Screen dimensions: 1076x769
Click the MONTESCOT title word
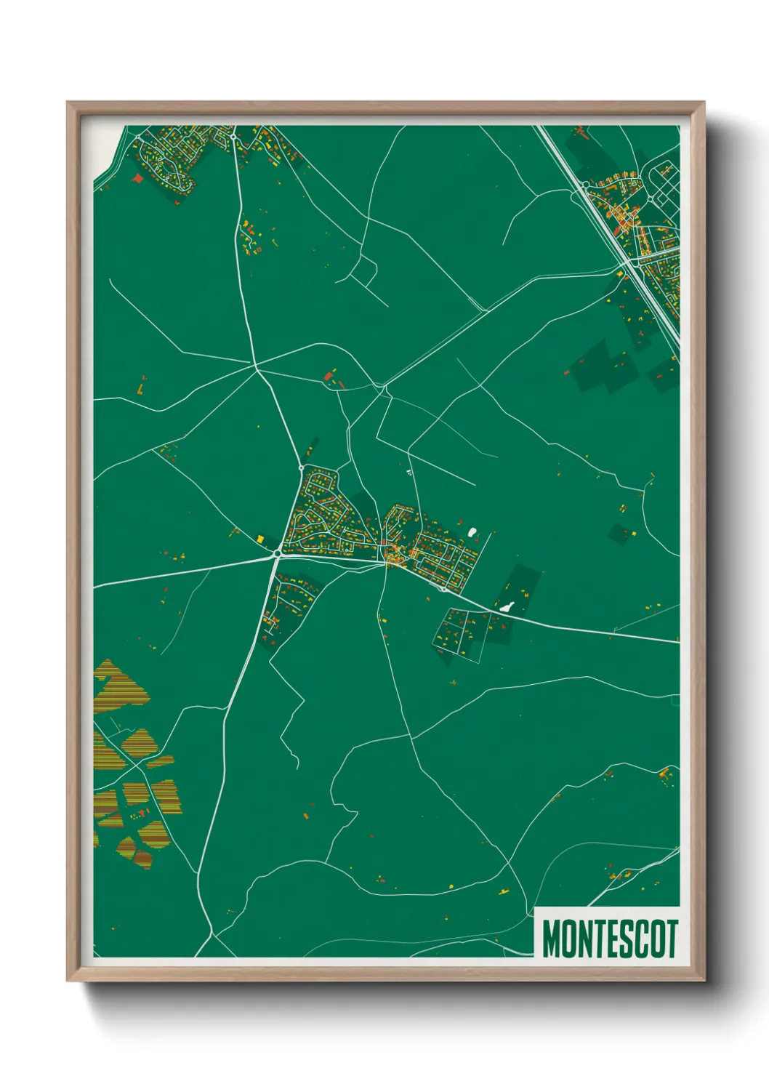[x=610, y=939]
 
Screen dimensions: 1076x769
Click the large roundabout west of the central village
[x=277, y=555]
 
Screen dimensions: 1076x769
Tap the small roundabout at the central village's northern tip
[x=301, y=467]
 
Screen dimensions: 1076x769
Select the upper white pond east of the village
[x=472, y=532]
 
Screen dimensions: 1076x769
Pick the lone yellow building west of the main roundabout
[x=259, y=539]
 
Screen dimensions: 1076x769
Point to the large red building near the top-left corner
[x=137, y=177]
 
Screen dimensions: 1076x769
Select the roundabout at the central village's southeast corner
[x=443, y=589]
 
